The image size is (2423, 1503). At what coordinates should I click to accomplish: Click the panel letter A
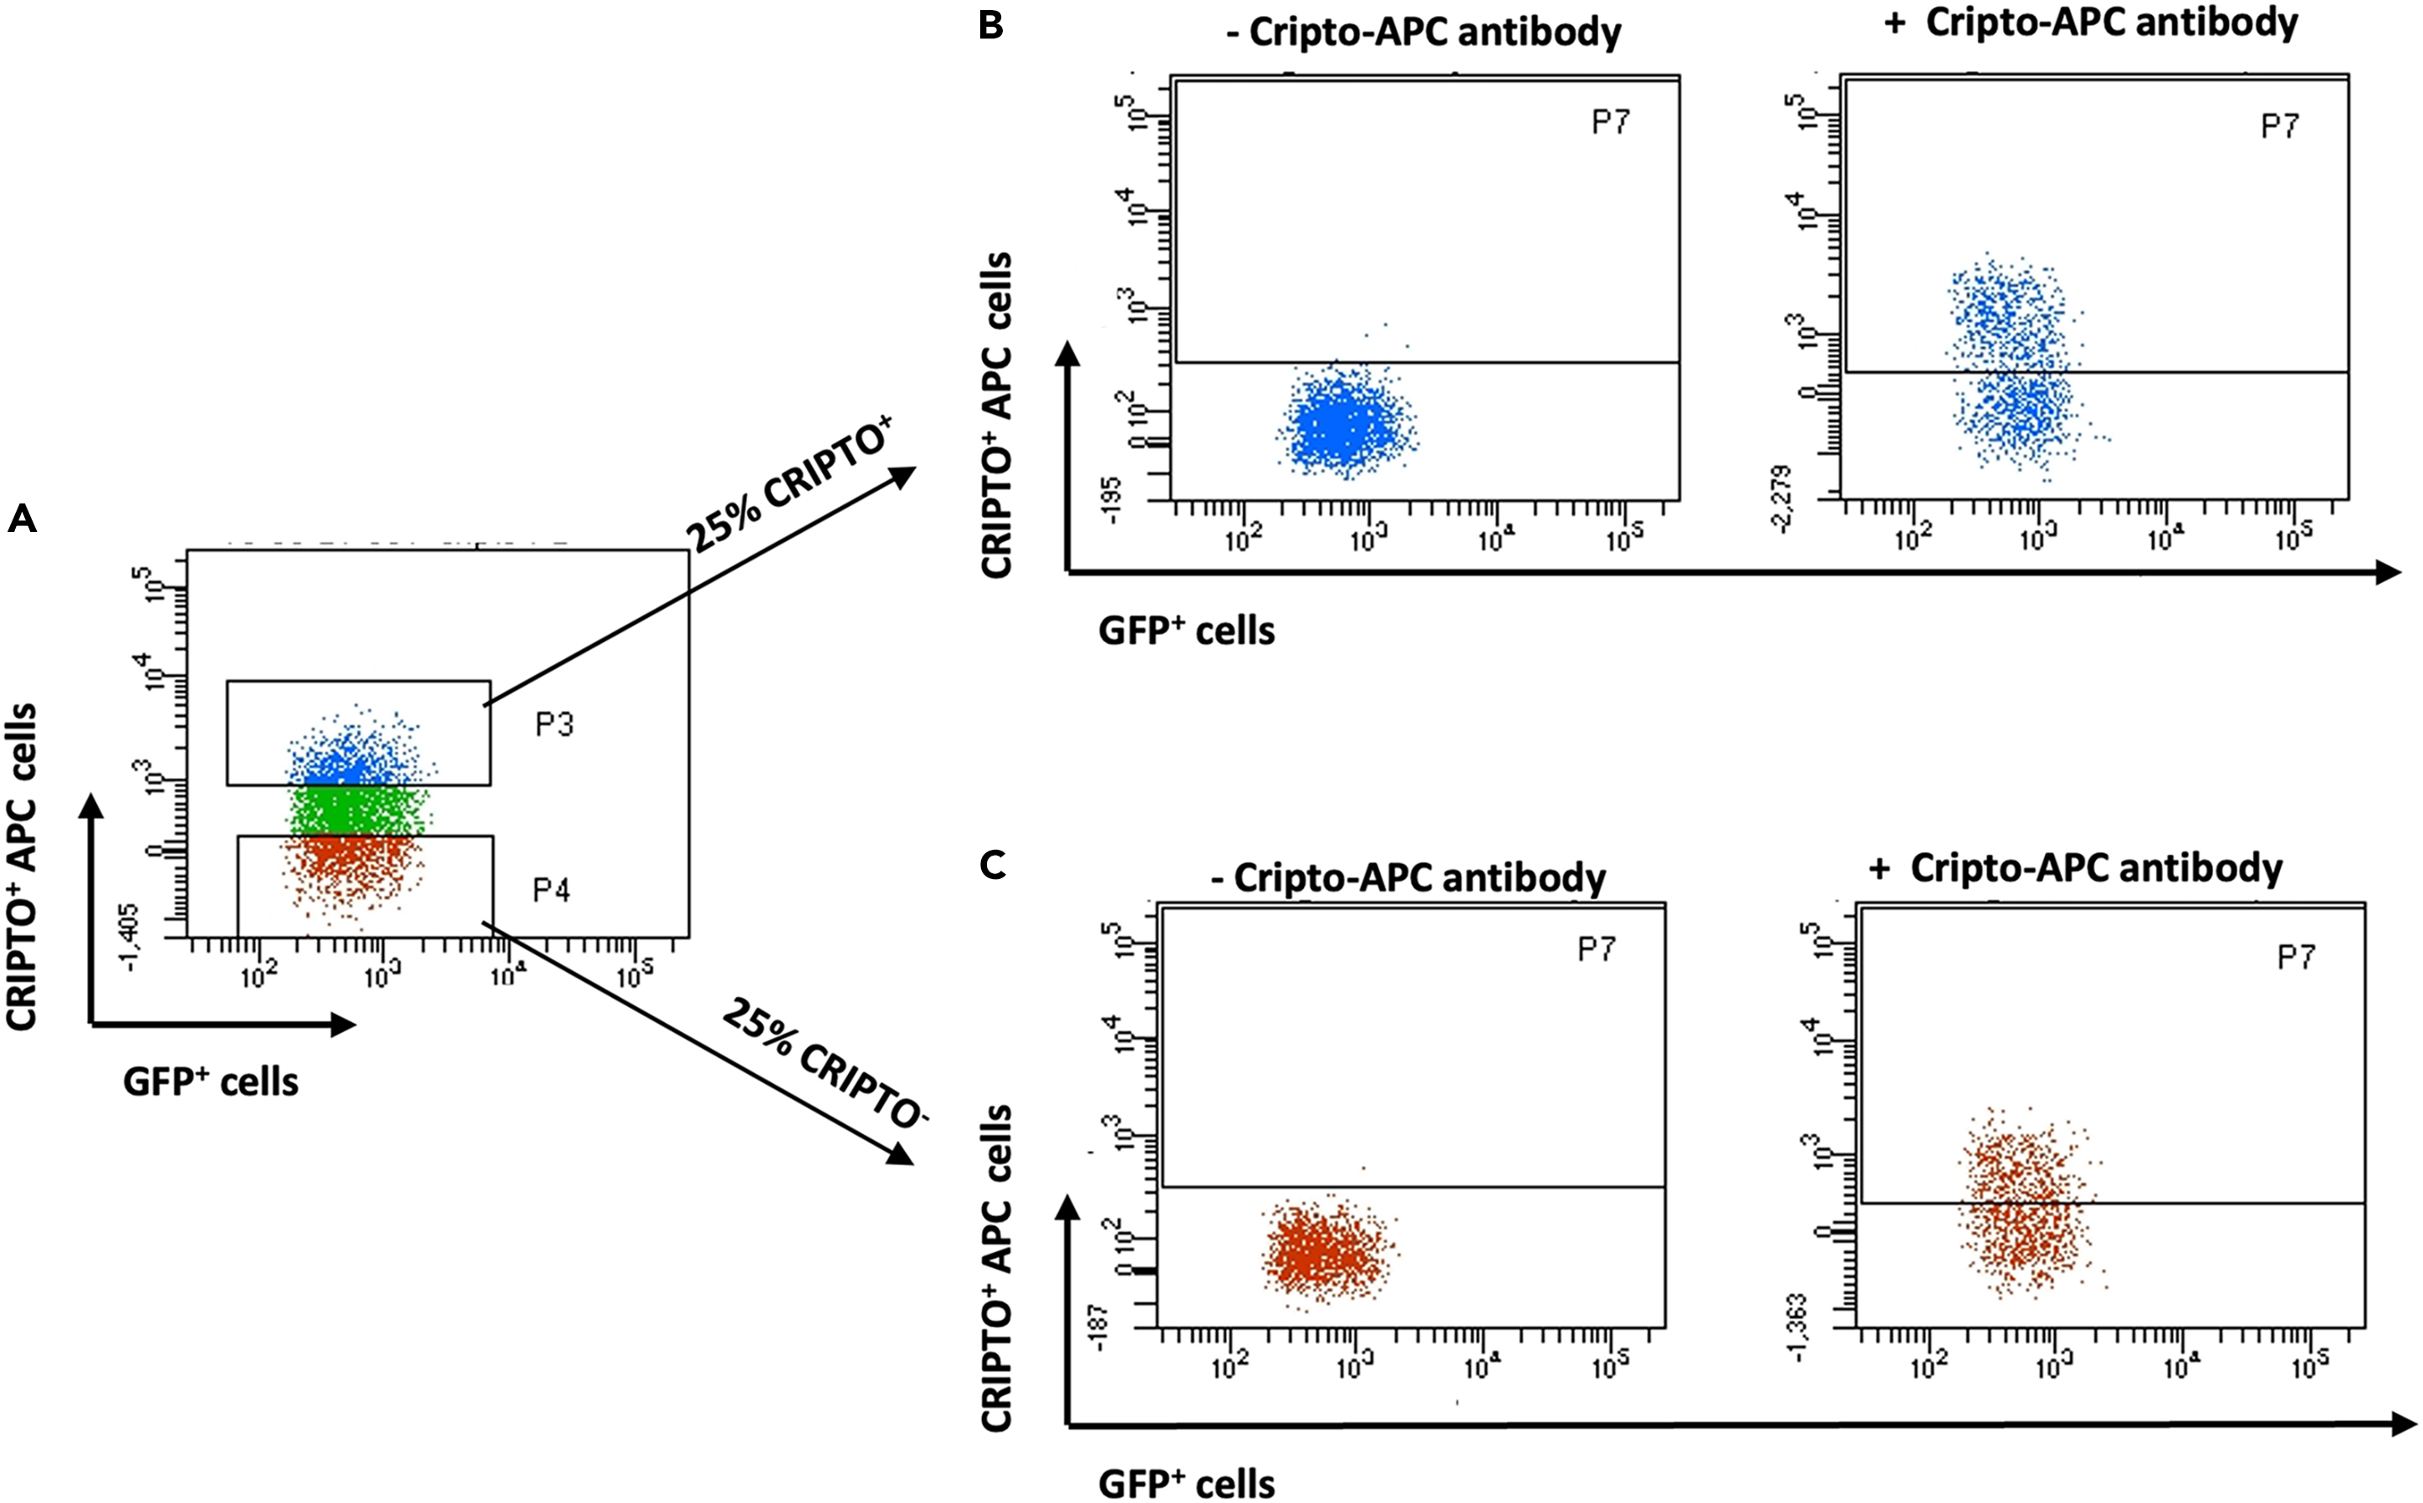coord(22,519)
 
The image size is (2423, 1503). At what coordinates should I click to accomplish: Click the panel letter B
coord(991,26)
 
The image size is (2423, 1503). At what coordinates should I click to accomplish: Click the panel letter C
coord(992,866)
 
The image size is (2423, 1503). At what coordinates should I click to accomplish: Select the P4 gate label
coord(551,890)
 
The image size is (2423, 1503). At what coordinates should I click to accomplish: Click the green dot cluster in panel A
coord(358,810)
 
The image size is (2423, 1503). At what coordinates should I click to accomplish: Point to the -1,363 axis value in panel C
coord(1800,1328)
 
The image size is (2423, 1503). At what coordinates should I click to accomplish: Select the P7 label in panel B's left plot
coord(1610,122)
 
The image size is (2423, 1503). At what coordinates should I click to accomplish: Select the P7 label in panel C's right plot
coord(2296,958)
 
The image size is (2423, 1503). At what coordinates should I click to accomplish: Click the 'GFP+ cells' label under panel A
coord(211,1081)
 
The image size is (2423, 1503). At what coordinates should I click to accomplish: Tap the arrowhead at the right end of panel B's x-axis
coord(2390,573)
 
